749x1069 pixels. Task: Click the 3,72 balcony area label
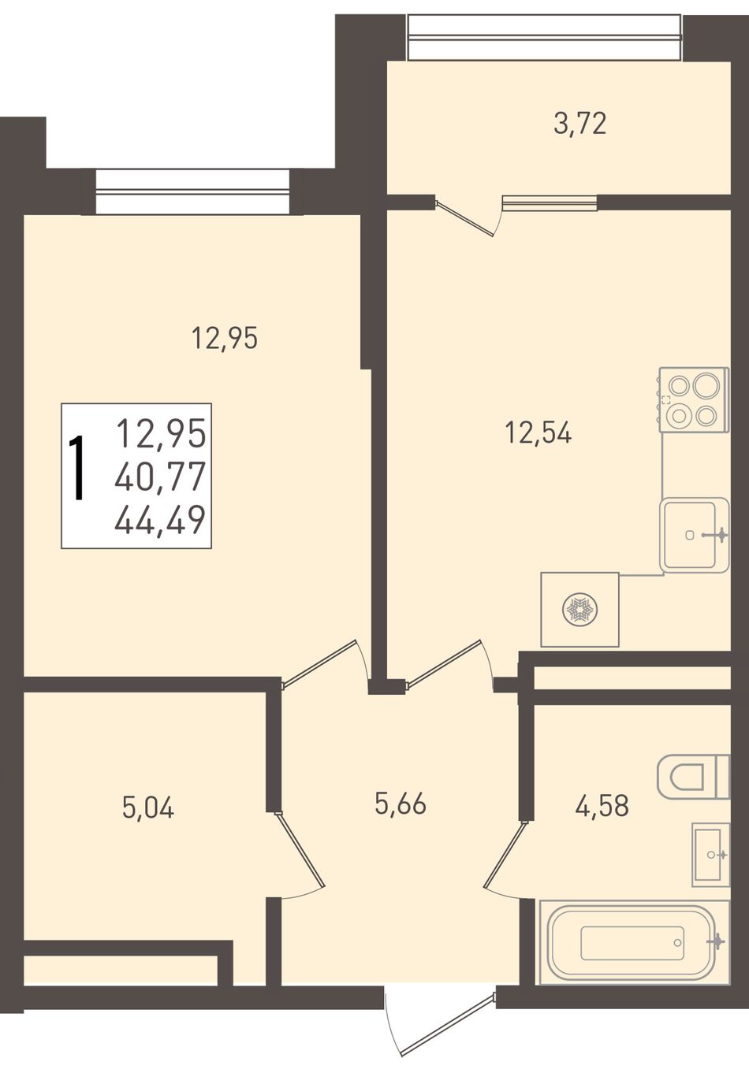click(x=580, y=124)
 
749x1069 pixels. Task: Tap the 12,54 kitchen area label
click(x=538, y=434)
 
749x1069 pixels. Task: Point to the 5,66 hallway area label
click(x=401, y=804)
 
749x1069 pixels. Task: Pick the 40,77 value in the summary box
click(x=160, y=477)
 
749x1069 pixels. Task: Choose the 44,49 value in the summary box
click(x=160, y=520)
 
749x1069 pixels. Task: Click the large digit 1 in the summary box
click(x=77, y=468)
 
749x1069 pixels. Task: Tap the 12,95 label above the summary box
click(x=225, y=339)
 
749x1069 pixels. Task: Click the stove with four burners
click(x=694, y=400)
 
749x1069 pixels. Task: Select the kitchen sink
click(x=695, y=535)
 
